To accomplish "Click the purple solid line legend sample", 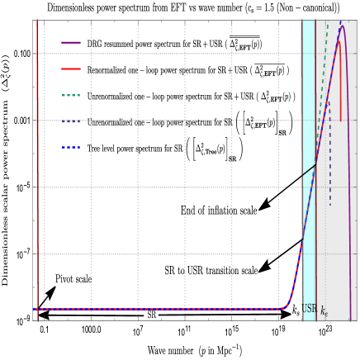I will coord(71,42).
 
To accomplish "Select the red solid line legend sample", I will coord(71,69).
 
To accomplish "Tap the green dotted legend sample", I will coord(71,95).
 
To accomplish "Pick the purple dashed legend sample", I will coord(71,121).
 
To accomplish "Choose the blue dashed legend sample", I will coord(71,148).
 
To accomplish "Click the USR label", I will coord(309,309).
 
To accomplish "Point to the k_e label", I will coord(324,311).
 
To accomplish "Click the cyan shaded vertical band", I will coord(308,99).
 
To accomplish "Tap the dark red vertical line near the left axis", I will coord(37,165).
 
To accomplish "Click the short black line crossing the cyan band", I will coord(309,170).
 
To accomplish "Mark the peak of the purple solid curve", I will coord(341,26).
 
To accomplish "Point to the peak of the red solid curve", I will coord(339,41).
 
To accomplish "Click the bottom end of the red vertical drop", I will coord(340,121).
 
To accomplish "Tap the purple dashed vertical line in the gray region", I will coord(330,165).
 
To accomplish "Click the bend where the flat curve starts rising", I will coord(287,306).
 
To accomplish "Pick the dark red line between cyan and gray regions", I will coord(315,248).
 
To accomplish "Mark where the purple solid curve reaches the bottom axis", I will coord(351,319).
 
